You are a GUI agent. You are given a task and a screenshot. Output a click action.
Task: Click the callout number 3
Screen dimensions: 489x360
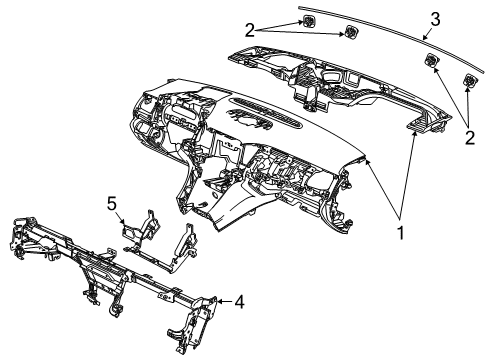(x=435, y=19)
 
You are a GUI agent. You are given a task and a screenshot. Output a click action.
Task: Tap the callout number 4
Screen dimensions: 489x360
(x=239, y=302)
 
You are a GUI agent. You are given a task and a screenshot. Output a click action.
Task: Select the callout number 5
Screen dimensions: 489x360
(x=112, y=203)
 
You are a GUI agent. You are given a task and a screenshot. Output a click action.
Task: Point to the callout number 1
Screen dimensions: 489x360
(x=401, y=232)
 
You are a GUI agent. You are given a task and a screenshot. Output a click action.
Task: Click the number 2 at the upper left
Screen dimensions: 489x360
(x=250, y=30)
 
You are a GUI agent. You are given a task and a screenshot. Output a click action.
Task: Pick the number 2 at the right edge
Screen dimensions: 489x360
(x=470, y=137)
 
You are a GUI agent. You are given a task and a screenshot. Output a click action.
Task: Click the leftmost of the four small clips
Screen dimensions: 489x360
(x=308, y=22)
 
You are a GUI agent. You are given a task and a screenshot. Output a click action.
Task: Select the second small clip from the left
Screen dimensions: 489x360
(x=351, y=32)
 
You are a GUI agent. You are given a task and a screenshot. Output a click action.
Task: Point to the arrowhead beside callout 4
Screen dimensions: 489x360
(x=221, y=302)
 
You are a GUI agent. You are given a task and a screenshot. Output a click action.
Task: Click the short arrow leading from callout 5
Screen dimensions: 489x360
(x=121, y=218)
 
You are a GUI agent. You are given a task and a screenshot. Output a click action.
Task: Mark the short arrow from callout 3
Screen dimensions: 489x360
(x=428, y=34)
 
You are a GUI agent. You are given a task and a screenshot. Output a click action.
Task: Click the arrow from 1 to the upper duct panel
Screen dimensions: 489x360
(x=408, y=174)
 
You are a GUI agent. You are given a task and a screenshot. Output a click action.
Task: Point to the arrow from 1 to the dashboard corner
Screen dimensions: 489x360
(x=382, y=188)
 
